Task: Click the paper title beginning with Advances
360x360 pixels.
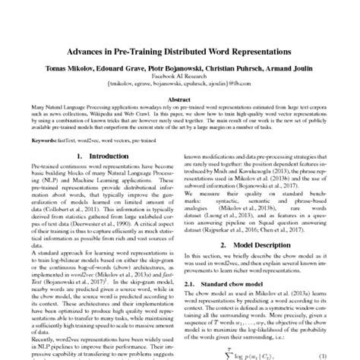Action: pos(179,55)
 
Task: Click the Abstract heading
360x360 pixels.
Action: pos(179,99)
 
